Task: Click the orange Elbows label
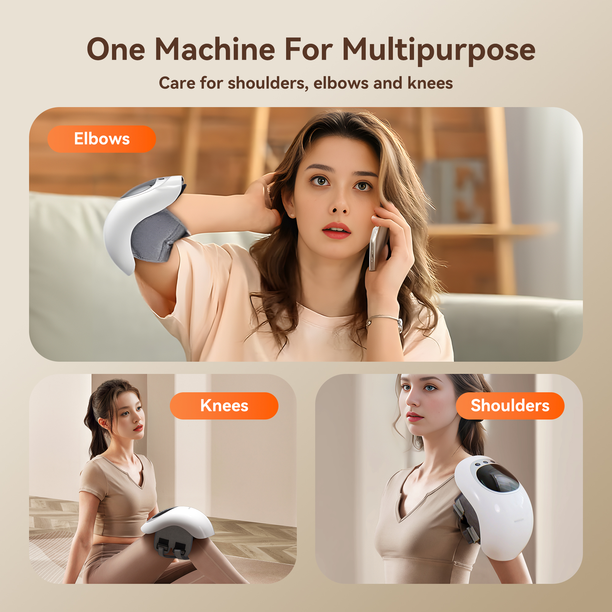[x=102, y=139]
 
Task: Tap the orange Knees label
[x=224, y=406]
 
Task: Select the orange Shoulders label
[x=510, y=406]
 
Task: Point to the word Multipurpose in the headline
[x=439, y=51]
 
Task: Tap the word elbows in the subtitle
[x=341, y=83]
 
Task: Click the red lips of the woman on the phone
[x=336, y=230]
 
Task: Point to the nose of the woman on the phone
[x=339, y=205]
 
